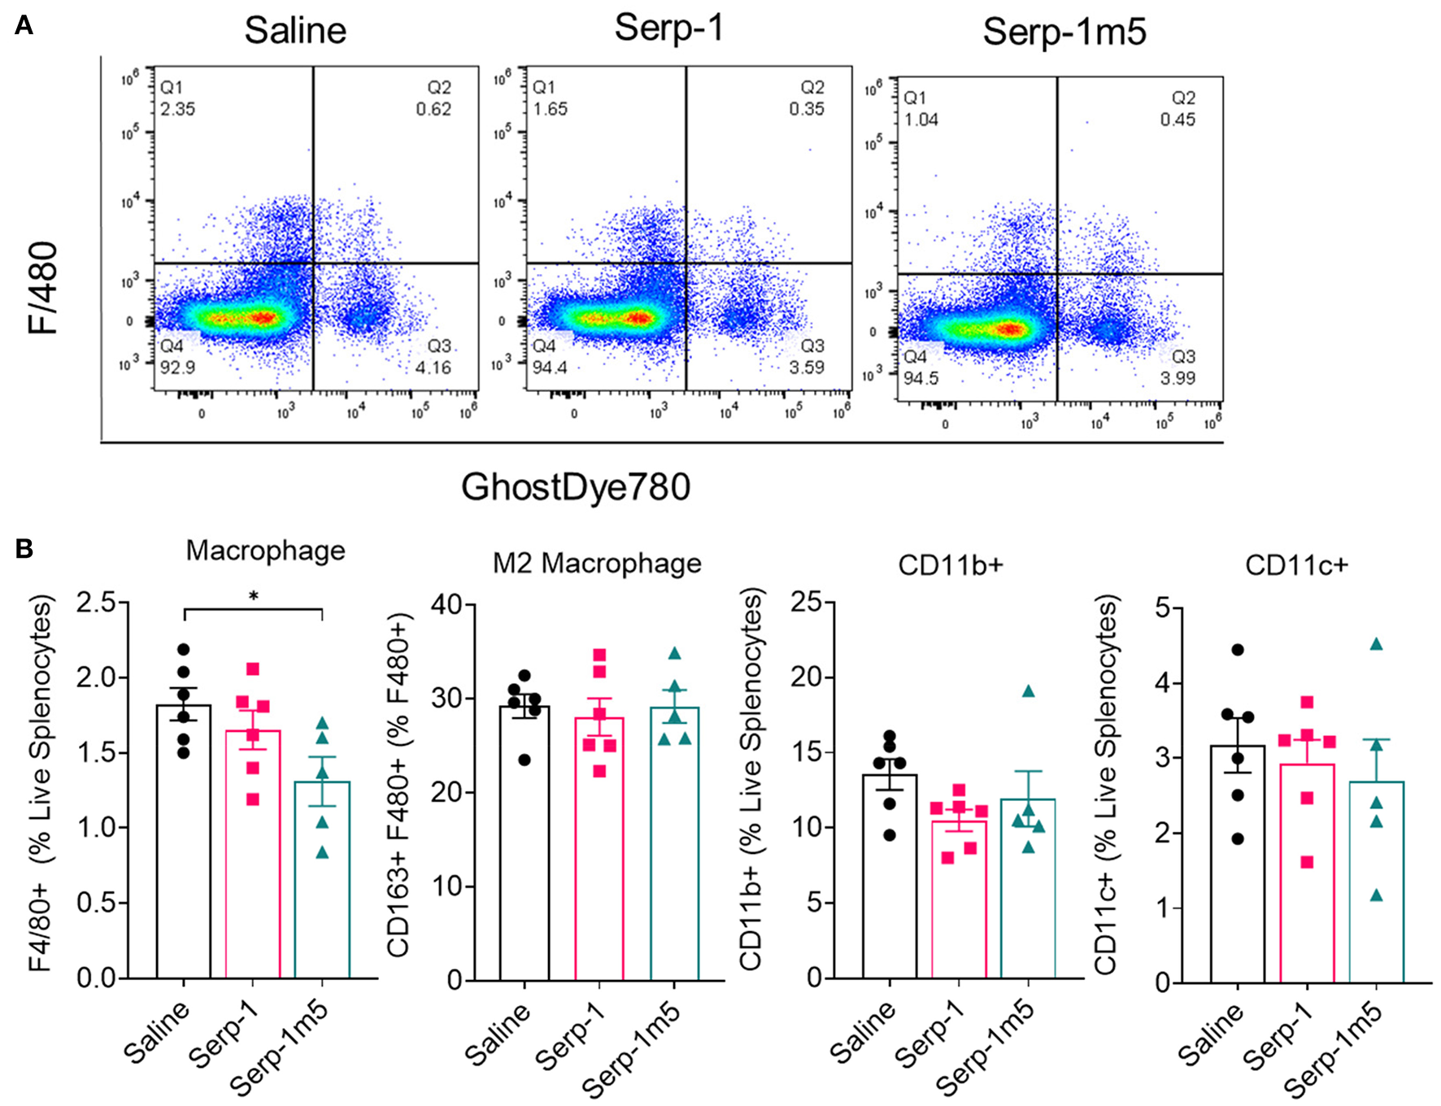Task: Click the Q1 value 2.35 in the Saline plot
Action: pyautogui.click(x=177, y=109)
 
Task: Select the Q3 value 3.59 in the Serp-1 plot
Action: pyautogui.click(x=806, y=368)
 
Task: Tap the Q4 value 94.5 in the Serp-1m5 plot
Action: pyautogui.click(x=921, y=378)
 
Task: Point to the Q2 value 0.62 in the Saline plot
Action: pyautogui.click(x=433, y=109)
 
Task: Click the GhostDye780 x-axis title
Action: pyautogui.click(x=576, y=487)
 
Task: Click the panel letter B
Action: pyautogui.click(x=24, y=549)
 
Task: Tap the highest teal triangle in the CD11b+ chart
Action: pyautogui.click(x=1028, y=691)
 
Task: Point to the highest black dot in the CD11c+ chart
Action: pyautogui.click(x=1238, y=650)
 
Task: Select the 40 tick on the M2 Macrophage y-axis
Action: pyautogui.click(x=447, y=604)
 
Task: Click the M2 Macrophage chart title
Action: pyautogui.click(x=597, y=563)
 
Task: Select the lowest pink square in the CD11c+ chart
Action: pyautogui.click(x=1307, y=862)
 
